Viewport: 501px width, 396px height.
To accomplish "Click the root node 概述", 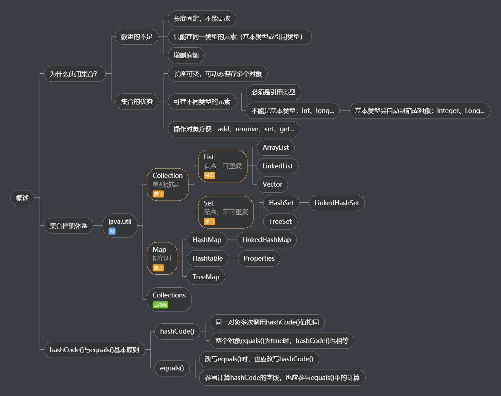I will point(22,198).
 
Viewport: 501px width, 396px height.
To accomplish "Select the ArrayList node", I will point(276,148).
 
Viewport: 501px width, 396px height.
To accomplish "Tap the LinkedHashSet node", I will point(336,203).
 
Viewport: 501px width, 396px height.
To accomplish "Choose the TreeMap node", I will point(206,277).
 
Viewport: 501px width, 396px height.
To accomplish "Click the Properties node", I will point(259,259).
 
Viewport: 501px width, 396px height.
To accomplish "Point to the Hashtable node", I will point(207,259).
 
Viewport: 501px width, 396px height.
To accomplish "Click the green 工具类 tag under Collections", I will point(160,305).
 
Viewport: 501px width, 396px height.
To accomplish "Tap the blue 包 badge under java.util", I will point(112,231).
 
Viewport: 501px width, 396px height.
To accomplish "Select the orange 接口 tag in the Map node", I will point(158,268).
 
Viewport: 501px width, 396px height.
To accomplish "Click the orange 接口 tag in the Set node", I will point(209,222).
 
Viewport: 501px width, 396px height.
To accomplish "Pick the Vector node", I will point(272,184).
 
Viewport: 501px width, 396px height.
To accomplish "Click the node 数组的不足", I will point(137,37).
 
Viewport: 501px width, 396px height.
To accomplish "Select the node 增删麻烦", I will point(186,55).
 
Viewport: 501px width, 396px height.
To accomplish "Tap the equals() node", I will point(172,368).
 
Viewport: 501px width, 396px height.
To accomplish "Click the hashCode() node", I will point(177,331).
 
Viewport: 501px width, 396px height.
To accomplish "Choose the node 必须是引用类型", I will point(273,92).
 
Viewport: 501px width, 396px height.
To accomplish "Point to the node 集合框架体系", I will point(68,226).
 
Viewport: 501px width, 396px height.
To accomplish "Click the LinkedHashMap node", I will point(266,240).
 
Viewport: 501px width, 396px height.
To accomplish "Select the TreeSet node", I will point(280,222).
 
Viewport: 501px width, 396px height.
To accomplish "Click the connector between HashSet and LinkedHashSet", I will point(304,203).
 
